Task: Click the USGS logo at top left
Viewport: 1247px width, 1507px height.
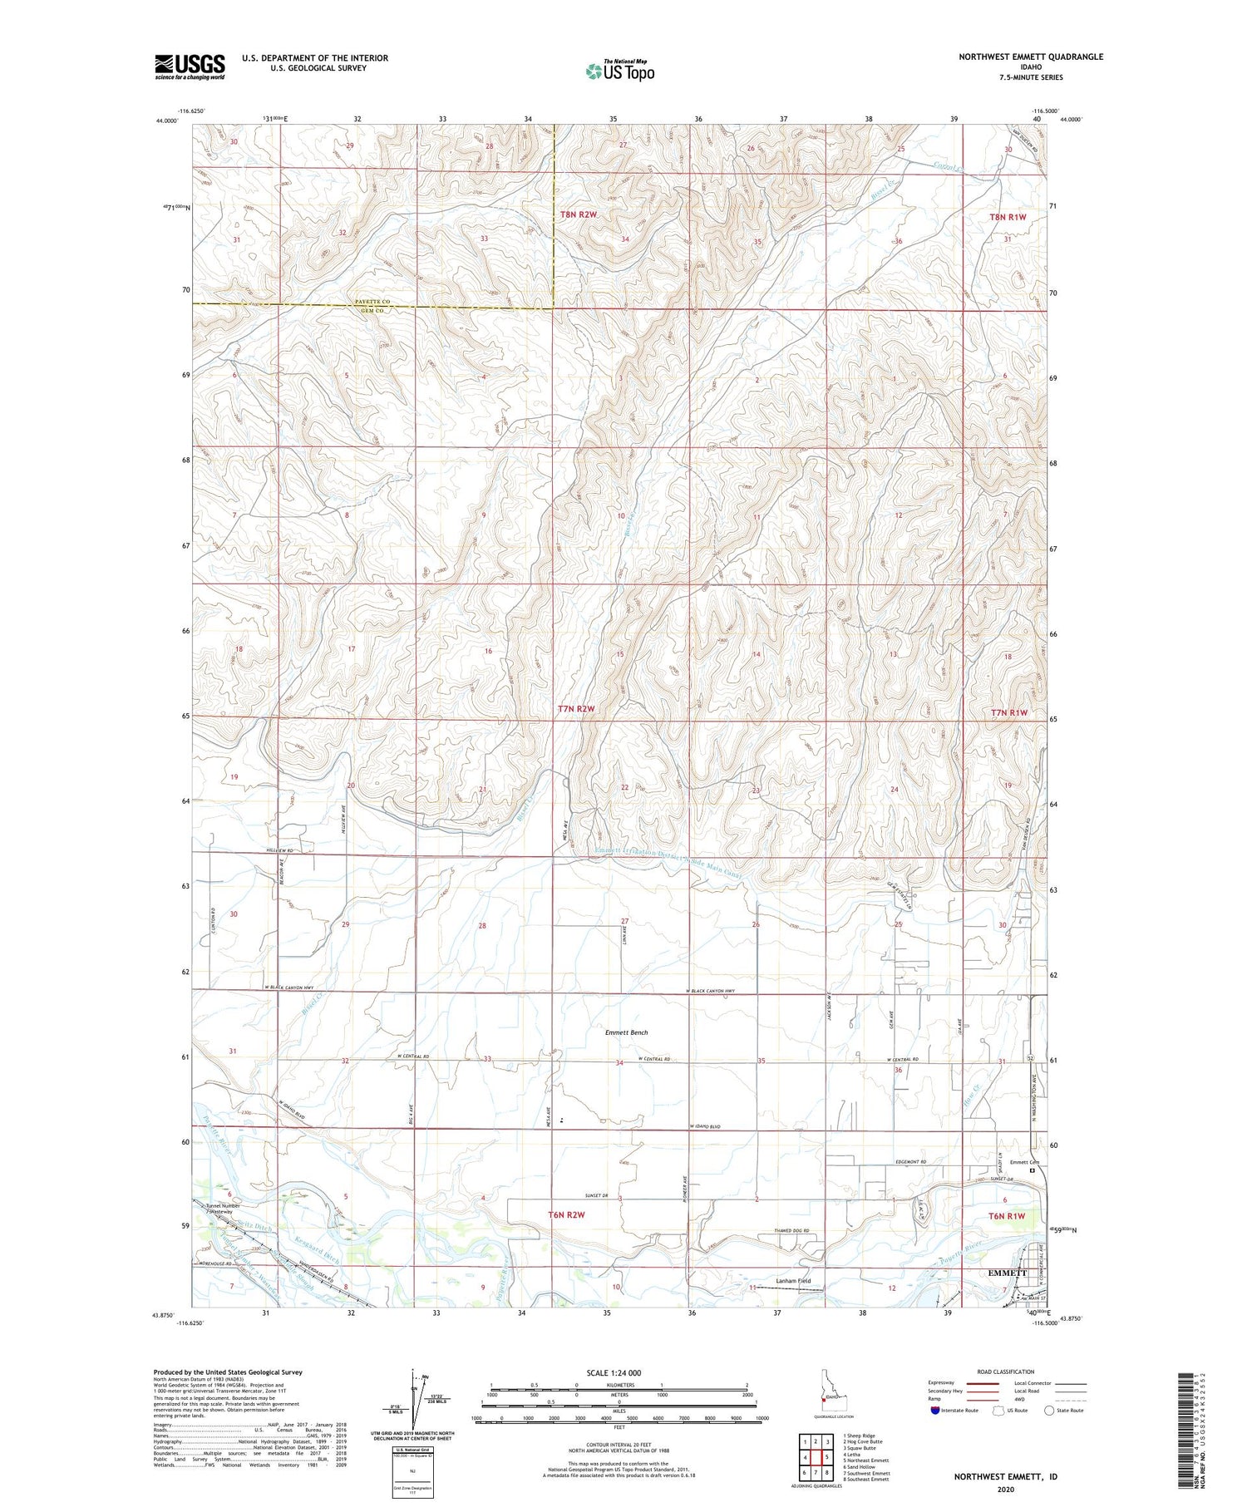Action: (190, 66)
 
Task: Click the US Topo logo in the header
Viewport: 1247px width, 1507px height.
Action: (619, 71)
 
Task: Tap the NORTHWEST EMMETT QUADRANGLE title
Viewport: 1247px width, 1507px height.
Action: (1031, 57)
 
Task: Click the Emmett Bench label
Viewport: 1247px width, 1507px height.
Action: (626, 1032)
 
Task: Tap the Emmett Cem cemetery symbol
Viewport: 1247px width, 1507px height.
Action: (1033, 1170)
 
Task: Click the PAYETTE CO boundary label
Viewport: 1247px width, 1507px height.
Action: (372, 301)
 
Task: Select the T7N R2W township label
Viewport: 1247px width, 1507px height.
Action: (576, 709)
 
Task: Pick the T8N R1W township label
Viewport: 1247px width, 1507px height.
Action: (1008, 217)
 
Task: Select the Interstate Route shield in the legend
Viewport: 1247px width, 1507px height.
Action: (935, 1411)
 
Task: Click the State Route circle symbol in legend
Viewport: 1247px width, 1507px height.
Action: (1049, 1411)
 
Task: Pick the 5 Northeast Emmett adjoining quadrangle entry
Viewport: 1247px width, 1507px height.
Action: (865, 1460)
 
